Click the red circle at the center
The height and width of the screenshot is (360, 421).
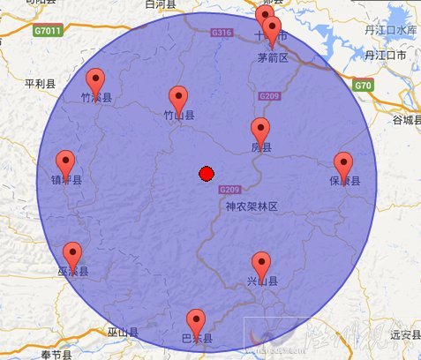pyautogui.click(x=207, y=174)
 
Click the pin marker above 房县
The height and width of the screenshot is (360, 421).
pyautogui.click(x=260, y=130)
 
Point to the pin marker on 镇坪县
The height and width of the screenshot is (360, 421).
pyautogui.click(x=65, y=163)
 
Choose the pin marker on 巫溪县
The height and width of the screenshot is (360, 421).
pyautogui.click(x=72, y=255)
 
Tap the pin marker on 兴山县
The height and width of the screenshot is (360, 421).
pyautogui.click(x=261, y=264)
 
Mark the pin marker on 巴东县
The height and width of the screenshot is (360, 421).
pyautogui.click(x=195, y=322)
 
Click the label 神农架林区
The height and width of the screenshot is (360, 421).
pyautogui.click(x=252, y=206)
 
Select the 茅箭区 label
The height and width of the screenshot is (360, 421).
pyautogui.click(x=273, y=58)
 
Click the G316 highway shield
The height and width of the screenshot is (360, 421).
pyautogui.click(x=222, y=34)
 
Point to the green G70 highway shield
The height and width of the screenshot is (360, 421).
pyautogui.click(x=362, y=86)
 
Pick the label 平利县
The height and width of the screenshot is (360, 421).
pyautogui.click(x=40, y=85)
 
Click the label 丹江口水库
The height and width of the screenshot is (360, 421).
pyautogui.click(x=389, y=29)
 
